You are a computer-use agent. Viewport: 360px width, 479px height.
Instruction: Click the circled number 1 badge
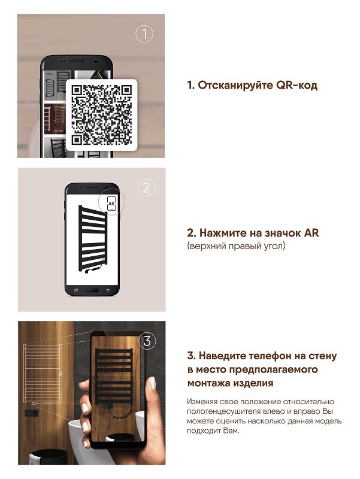click(144, 34)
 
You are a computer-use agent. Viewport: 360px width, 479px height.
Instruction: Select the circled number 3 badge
click(147, 341)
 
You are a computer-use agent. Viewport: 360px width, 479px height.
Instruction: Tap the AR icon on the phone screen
click(111, 204)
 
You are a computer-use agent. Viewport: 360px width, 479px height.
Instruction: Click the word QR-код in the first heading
click(297, 86)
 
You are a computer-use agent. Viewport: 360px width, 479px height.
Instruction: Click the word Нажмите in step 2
click(225, 233)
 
